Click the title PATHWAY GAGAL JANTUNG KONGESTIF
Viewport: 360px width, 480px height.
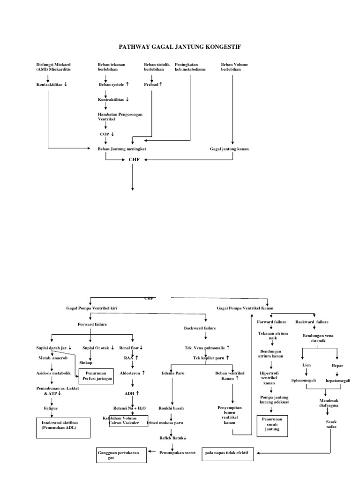[x=180, y=47]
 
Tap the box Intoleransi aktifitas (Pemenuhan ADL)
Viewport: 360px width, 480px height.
[x=63, y=426]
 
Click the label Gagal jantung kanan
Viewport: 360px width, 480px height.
[x=229, y=149]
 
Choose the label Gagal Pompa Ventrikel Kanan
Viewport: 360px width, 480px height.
[x=245, y=308]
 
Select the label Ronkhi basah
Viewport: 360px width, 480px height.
[x=171, y=408]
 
